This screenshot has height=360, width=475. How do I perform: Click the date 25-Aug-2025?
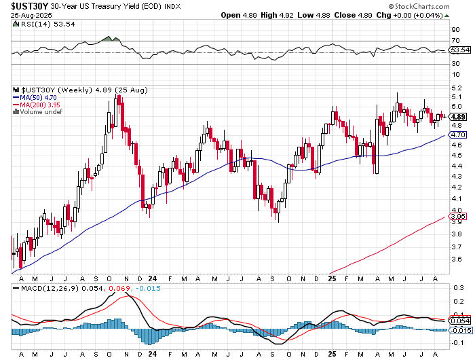click(x=22, y=16)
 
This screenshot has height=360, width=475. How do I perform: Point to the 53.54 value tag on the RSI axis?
click(x=459, y=50)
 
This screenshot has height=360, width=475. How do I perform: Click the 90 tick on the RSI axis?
click(x=455, y=30)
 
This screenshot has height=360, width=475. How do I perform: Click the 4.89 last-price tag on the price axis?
click(x=458, y=116)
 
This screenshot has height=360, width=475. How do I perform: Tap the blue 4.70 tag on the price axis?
click(x=458, y=136)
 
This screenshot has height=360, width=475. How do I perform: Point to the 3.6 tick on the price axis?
click(x=455, y=259)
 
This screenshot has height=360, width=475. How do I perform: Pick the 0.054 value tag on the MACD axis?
click(x=459, y=319)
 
